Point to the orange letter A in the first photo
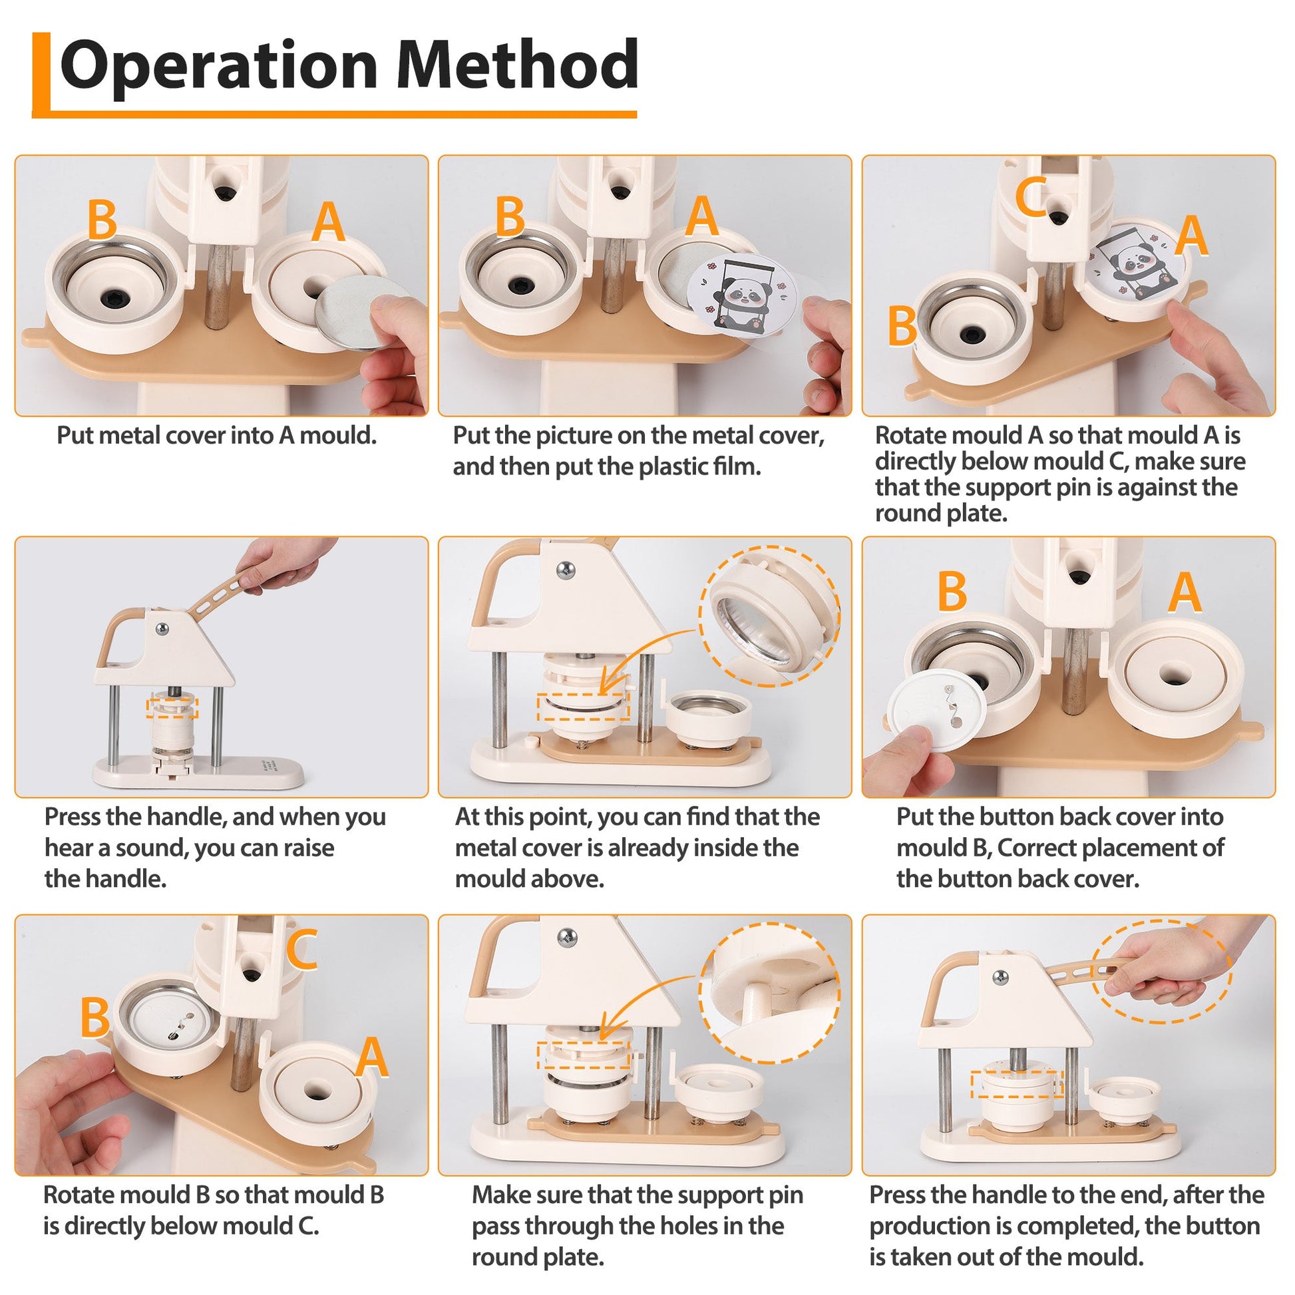click(328, 222)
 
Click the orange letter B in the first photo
click(102, 219)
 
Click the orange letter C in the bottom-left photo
click(301, 949)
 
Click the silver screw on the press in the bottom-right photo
click(1000, 978)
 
